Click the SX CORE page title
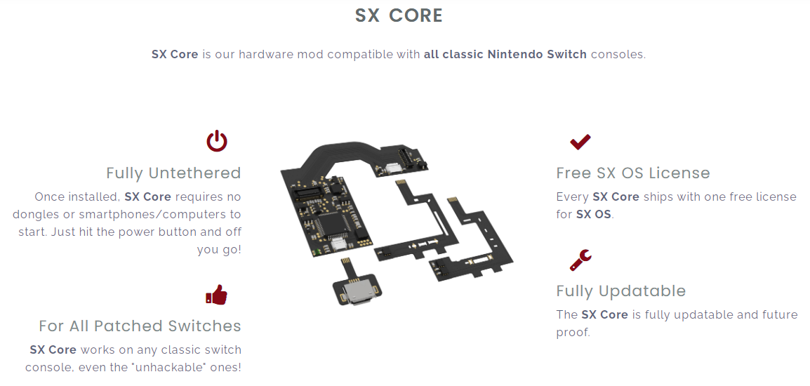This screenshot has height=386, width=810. (x=399, y=15)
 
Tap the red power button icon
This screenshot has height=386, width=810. (x=217, y=141)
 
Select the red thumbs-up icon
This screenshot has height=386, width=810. (x=216, y=295)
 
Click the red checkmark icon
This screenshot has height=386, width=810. (x=580, y=142)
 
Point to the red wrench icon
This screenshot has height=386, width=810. (x=580, y=260)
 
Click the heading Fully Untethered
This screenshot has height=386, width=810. (x=173, y=173)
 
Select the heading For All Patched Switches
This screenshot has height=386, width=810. (x=140, y=326)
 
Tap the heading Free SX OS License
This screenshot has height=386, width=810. (x=633, y=173)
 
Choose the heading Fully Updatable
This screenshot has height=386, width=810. (x=621, y=291)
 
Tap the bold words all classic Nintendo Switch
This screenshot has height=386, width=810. (x=505, y=54)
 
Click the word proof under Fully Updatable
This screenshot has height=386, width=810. (x=572, y=333)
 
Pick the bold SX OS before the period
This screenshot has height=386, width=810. (x=594, y=214)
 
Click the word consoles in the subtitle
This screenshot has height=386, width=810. (x=617, y=54)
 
